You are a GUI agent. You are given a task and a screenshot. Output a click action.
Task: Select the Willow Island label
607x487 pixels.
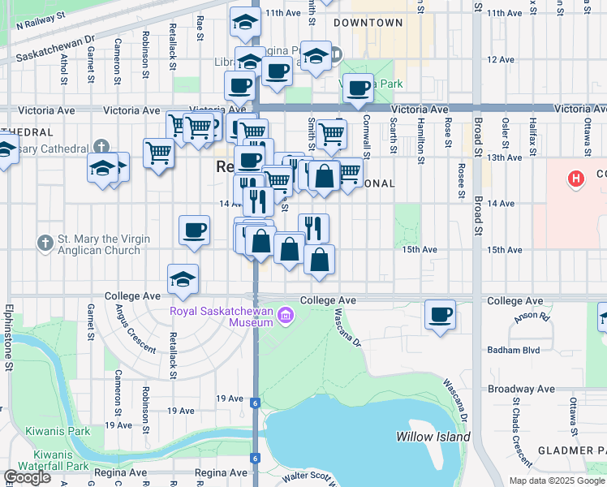[433, 437]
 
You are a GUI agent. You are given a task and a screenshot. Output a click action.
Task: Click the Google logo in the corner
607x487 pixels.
[27, 477]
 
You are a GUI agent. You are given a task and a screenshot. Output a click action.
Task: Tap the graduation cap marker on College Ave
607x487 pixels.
[183, 279]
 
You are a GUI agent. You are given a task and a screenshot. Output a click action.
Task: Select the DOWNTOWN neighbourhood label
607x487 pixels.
[368, 23]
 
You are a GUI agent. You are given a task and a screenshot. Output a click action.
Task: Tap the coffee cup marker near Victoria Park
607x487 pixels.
[358, 88]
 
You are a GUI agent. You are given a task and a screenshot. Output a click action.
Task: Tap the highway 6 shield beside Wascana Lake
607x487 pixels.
[255, 403]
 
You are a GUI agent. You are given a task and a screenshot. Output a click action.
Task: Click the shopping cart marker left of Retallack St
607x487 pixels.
[159, 153]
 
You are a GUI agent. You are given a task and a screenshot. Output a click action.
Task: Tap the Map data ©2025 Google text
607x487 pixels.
[557, 481]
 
